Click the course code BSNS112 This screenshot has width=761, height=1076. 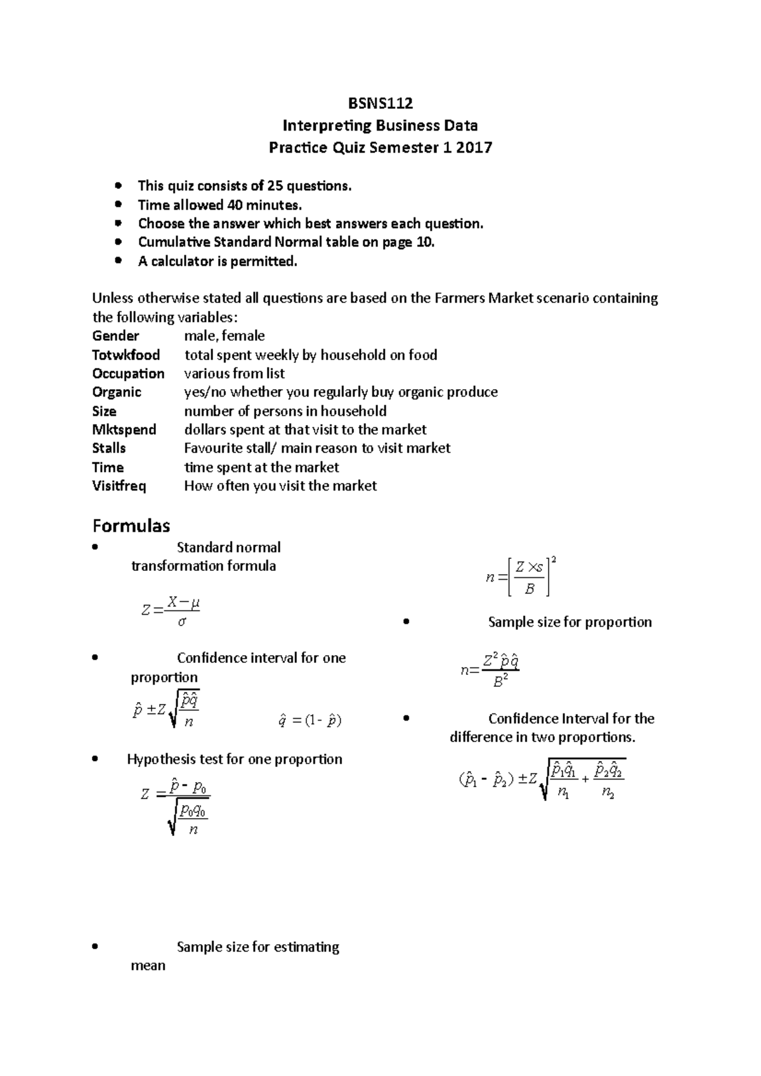pyautogui.click(x=380, y=103)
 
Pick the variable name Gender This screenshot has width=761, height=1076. pyautogui.click(x=115, y=336)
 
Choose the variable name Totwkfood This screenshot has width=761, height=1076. pyautogui.click(x=126, y=355)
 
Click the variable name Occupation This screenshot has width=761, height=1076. pyautogui.click(x=128, y=373)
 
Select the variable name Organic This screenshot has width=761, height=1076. pyautogui.click(x=117, y=392)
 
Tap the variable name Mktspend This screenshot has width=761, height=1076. pyautogui.click(x=124, y=430)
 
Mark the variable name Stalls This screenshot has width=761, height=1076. pyautogui.click(x=109, y=448)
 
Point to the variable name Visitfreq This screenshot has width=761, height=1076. pyautogui.click(x=119, y=486)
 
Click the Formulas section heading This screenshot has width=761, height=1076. pyautogui.click(x=131, y=526)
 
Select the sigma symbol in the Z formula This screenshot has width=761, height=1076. pyautogui.click(x=182, y=622)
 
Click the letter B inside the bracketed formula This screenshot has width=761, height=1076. pyautogui.click(x=530, y=589)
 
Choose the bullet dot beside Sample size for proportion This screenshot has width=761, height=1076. pyautogui.click(x=406, y=622)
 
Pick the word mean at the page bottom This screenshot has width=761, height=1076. pyautogui.click(x=148, y=966)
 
